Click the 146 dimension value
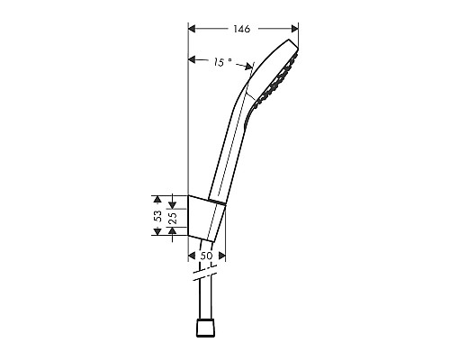(x=240, y=29)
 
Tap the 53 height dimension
(x=157, y=216)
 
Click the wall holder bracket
(x=207, y=216)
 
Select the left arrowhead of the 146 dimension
(x=192, y=29)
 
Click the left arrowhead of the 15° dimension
(x=192, y=61)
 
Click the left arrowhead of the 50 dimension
(x=192, y=256)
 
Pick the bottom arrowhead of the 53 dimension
(x=157, y=234)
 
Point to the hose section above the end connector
(x=205, y=301)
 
